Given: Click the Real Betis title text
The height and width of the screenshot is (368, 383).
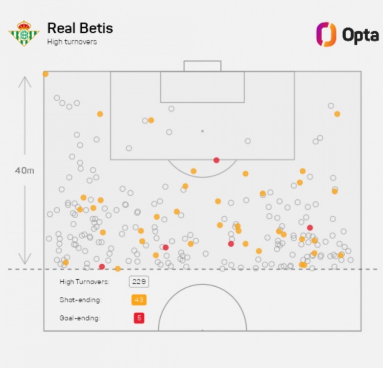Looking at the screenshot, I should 80,28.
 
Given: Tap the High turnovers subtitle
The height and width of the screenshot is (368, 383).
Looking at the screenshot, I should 71,42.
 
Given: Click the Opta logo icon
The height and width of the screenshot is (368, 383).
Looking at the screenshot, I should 326,34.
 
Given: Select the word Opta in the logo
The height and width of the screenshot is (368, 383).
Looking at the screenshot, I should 360,35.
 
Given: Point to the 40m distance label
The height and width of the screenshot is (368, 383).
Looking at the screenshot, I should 25,170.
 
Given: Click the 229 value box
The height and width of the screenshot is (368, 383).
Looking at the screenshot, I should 138,282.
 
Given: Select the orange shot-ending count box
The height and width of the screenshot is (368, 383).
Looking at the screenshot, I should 138,300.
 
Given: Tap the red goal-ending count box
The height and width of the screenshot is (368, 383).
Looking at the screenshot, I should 138,318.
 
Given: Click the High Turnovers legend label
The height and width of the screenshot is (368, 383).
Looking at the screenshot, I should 84,282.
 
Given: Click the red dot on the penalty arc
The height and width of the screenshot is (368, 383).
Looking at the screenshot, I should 217,160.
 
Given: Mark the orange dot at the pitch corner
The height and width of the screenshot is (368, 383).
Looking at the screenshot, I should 45,74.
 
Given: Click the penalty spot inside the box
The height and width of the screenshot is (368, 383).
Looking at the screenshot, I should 202,131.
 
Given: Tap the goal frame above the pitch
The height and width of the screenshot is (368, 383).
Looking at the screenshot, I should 202,65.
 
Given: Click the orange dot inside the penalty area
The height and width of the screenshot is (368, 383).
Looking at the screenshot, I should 151,120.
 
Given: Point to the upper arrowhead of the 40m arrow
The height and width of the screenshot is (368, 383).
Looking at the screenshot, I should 25,79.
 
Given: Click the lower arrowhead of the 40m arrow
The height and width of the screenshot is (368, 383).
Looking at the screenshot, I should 25,262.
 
